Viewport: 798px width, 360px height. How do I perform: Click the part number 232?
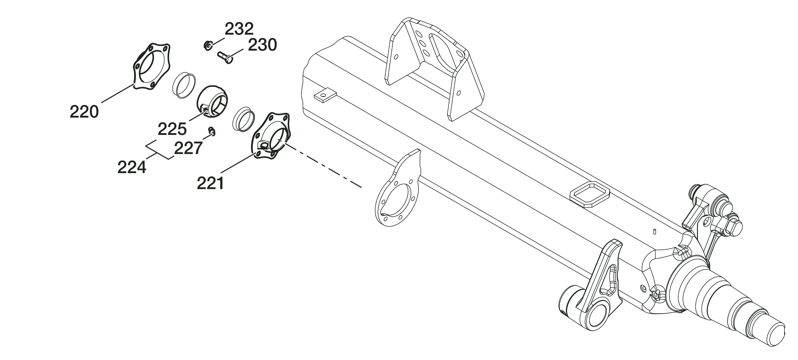pos(239,29)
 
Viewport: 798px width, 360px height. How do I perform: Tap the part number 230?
pos(262,45)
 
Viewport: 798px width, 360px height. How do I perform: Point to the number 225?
pos(172,129)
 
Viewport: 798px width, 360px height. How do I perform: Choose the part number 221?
pos(210,183)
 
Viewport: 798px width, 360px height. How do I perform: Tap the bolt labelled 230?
pos(225,57)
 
